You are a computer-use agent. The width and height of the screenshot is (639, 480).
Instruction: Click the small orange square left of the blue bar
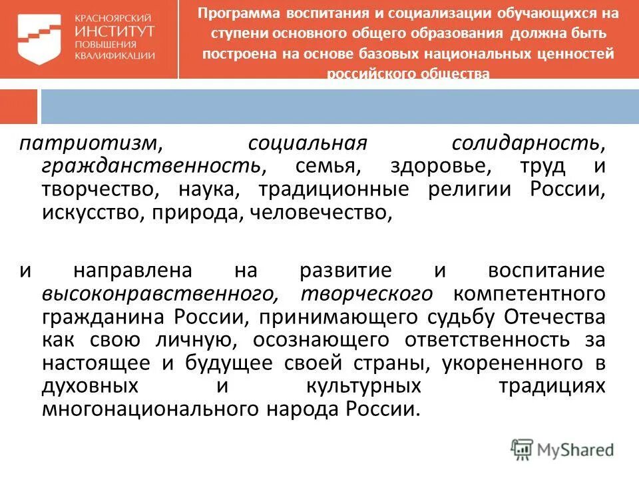coord(18,106)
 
